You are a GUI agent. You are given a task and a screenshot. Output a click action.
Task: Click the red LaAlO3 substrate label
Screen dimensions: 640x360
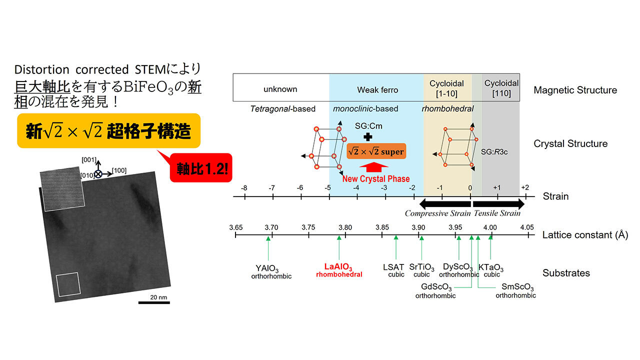(338, 267)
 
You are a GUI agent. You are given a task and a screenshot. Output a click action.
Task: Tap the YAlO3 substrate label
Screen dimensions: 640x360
(267, 268)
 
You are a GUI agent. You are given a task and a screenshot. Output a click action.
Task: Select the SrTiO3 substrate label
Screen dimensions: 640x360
(421, 267)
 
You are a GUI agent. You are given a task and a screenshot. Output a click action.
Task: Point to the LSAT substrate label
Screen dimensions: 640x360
(393, 267)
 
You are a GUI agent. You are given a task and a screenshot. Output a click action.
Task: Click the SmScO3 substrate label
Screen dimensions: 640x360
(517, 287)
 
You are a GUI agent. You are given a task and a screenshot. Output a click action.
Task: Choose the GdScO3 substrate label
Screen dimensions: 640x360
(436, 287)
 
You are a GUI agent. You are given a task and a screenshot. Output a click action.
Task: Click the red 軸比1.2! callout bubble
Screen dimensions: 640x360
(201, 167)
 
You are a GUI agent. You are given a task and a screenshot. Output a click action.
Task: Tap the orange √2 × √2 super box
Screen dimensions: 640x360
(376, 151)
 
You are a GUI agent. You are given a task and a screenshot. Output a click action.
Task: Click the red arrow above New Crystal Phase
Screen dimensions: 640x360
(373, 167)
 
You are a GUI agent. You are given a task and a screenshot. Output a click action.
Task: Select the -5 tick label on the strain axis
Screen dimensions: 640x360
(327, 188)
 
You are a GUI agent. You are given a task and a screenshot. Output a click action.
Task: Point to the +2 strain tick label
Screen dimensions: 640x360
(525, 187)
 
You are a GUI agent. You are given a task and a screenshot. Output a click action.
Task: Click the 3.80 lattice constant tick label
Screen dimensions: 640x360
(345, 227)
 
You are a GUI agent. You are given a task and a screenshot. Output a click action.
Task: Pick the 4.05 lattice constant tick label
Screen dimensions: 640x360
(527, 227)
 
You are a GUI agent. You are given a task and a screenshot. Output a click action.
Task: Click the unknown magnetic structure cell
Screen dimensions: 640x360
(281, 87)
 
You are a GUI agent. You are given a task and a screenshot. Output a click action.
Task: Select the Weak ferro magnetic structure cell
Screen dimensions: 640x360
(376, 87)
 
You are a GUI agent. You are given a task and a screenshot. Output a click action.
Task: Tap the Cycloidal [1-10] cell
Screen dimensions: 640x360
(447, 87)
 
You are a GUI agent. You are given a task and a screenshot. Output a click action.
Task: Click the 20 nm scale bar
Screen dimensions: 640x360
(154, 302)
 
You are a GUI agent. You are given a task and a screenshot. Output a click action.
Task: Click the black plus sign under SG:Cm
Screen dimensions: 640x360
(368, 137)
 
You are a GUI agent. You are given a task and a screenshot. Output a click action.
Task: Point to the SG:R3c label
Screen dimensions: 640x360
(494, 152)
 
